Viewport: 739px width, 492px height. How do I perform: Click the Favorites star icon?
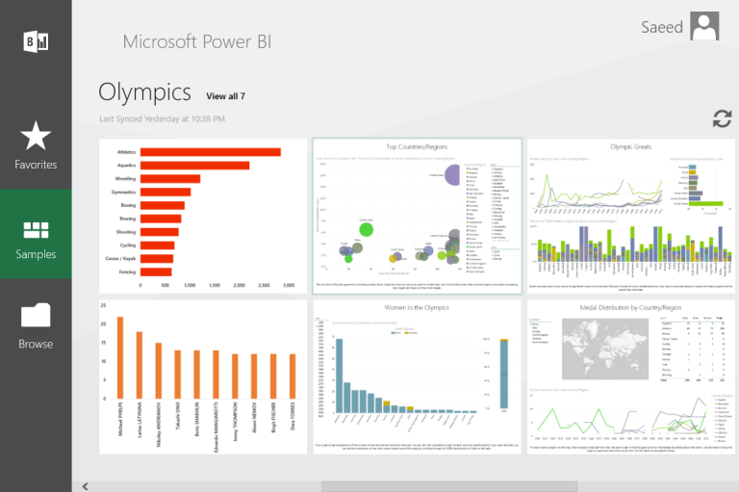(x=36, y=137)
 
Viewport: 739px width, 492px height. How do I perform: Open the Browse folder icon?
(x=36, y=316)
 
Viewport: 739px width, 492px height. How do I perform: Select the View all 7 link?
(x=225, y=96)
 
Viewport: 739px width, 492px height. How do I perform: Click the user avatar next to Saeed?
(x=705, y=27)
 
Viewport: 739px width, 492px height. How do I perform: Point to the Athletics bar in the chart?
(x=210, y=152)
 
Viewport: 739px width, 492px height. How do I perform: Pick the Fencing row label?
(x=126, y=272)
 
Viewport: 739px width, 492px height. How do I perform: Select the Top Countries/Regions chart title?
(x=417, y=147)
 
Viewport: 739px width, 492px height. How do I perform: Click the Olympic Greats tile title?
(x=630, y=146)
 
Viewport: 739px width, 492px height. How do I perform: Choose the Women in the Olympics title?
(x=417, y=308)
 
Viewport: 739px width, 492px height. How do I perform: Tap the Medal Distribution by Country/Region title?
(x=630, y=308)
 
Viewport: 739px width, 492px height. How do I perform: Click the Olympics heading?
(x=144, y=92)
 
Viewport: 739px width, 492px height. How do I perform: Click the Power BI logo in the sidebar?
(x=36, y=40)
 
